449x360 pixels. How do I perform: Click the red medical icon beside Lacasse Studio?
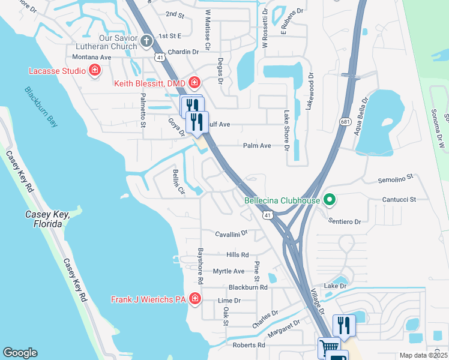[94, 71]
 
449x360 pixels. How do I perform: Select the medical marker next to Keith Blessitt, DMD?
[194, 82]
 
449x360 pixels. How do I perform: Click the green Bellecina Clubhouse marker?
[328, 200]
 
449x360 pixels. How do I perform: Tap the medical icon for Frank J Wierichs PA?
[194, 299]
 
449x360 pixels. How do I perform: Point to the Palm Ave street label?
[257, 146]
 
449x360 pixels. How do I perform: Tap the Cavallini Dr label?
[232, 233]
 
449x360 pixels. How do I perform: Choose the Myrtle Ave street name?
[229, 271]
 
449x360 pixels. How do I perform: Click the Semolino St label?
[396, 178]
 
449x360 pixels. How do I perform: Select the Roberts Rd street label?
[249, 345]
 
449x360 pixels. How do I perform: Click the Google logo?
[20, 353]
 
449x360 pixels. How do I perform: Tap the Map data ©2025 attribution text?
[423, 355]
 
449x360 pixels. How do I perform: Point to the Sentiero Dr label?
[344, 221]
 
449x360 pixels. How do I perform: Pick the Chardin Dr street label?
[183, 52]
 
